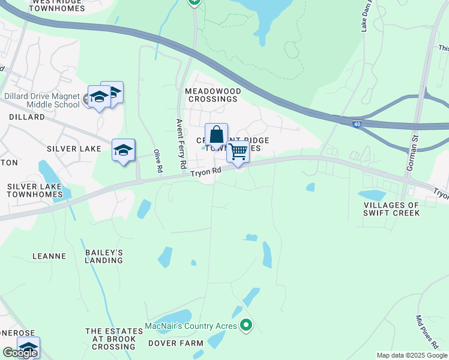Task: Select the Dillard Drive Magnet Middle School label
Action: (x=41, y=100)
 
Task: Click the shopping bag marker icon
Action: (x=216, y=135)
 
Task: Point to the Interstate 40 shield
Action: (x=357, y=124)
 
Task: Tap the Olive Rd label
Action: (x=158, y=161)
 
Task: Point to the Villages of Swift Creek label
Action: (x=391, y=209)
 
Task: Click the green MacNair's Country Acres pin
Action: (x=246, y=326)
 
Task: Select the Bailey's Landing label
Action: (x=104, y=256)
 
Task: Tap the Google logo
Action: (x=20, y=353)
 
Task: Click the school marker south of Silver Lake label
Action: (x=123, y=150)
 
